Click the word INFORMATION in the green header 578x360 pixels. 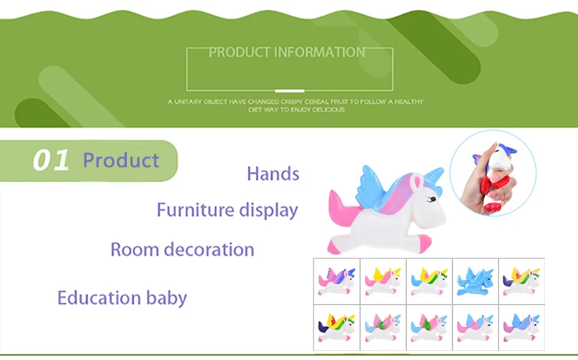click(320, 52)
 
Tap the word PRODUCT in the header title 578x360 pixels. click(240, 52)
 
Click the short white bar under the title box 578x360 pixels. click(290, 91)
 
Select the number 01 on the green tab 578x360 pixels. click(51, 161)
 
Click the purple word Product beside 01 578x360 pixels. click(121, 161)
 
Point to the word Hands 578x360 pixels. click(273, 173)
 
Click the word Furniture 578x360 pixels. click(195, 210)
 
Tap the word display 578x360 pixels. click(269, 211)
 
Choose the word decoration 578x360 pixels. click(209, 249)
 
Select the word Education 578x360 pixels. click(99, 297)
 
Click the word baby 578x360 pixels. click(166, 298)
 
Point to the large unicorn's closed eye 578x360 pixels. click(431, 199)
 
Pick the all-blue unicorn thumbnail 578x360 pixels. click(475, 282)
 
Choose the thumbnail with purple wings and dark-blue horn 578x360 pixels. click(336, 282)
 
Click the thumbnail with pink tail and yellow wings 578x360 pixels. click(383, 282)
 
